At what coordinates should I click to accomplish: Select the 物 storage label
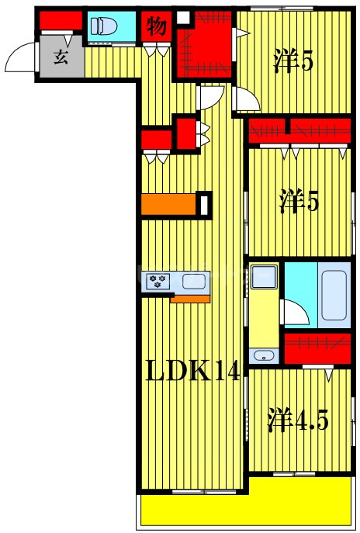pyautogui.click(x=156, y=28)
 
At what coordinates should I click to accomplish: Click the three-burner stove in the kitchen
pyautogui.click(x=159, y=280)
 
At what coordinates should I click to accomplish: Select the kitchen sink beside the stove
pyautogui.click(x=195, y=280)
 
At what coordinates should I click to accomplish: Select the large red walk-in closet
pyautogui.click(x=204, y=47)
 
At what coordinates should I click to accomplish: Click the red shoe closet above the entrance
pyautogui.click(x=56, y=21)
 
